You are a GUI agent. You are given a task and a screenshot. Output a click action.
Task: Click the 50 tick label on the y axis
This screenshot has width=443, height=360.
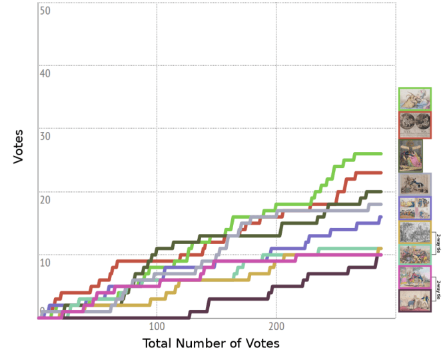pyautogui.click(x=46, y=11)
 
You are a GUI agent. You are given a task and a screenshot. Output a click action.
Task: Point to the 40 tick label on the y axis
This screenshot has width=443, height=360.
pyautogui.click(x=46, y=73)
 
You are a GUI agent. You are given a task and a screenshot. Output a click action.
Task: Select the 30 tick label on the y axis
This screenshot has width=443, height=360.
pyautogui.click(x=46, y=136)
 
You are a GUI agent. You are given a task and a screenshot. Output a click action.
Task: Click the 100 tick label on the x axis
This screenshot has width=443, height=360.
pyautogui.click(x=157, y=327)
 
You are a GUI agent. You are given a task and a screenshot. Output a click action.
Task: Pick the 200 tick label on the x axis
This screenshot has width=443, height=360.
pyautogui.click(x=276, y=327)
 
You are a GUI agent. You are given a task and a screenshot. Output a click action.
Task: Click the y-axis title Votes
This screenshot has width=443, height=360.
pyautogui.click(x=19, y=146)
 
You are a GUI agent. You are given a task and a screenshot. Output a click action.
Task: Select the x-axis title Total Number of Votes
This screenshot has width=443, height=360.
pyautogui.click(x=211, y=344)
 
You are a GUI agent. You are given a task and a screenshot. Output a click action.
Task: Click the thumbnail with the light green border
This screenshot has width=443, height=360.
pyautogui.click(x=414, y=99)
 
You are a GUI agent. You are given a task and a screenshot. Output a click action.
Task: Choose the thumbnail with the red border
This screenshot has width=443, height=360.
pyautogui.click(x=414, y=125)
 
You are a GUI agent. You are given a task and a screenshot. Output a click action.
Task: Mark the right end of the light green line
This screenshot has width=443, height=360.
pyautogui.click(x=381, y=153)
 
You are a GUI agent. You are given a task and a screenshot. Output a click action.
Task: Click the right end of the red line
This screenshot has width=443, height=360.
pyautogui.click(x=381, y=173)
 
